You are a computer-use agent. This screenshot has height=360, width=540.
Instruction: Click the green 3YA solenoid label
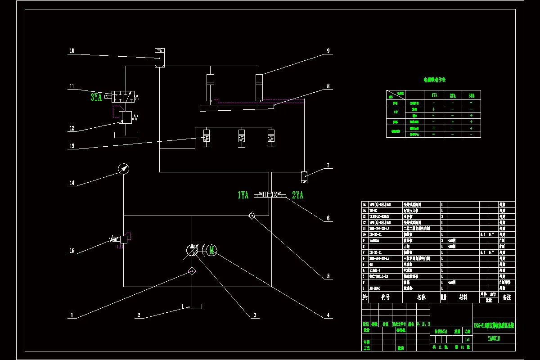(x=96, y=97)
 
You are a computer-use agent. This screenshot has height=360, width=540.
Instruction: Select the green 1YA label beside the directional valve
(x=243, y=195)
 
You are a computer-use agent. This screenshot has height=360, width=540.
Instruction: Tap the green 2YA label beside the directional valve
(x=298, y=195)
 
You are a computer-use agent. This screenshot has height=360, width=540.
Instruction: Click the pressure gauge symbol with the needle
(x=123, y=169)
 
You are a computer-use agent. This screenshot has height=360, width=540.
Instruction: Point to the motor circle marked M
(x=211, y=251)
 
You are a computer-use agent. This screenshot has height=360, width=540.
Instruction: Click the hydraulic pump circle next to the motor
(x=192, y=251)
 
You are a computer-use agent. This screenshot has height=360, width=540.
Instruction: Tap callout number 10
(x=72, y=51)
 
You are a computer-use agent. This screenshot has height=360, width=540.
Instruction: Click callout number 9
(x=328, y=51)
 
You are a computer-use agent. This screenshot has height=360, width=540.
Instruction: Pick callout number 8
(x=328, y=85)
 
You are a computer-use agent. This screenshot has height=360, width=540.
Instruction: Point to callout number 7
(x=328, y=166)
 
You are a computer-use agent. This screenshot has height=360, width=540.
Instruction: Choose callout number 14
(x=72, y=183)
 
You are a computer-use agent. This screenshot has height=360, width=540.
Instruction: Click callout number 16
(x=72, y=251)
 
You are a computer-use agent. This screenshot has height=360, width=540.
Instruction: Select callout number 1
(x=72, y=315)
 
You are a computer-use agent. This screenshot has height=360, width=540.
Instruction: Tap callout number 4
(x=328, y=315)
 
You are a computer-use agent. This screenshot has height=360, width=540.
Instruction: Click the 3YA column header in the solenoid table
(x=471, y=95)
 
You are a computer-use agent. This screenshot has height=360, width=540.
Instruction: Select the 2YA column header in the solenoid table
(x=452, y=95)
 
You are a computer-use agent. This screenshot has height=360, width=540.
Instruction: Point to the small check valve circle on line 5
(x=252, y=216)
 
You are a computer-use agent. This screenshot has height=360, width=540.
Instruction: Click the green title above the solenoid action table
(x=434, y=80)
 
